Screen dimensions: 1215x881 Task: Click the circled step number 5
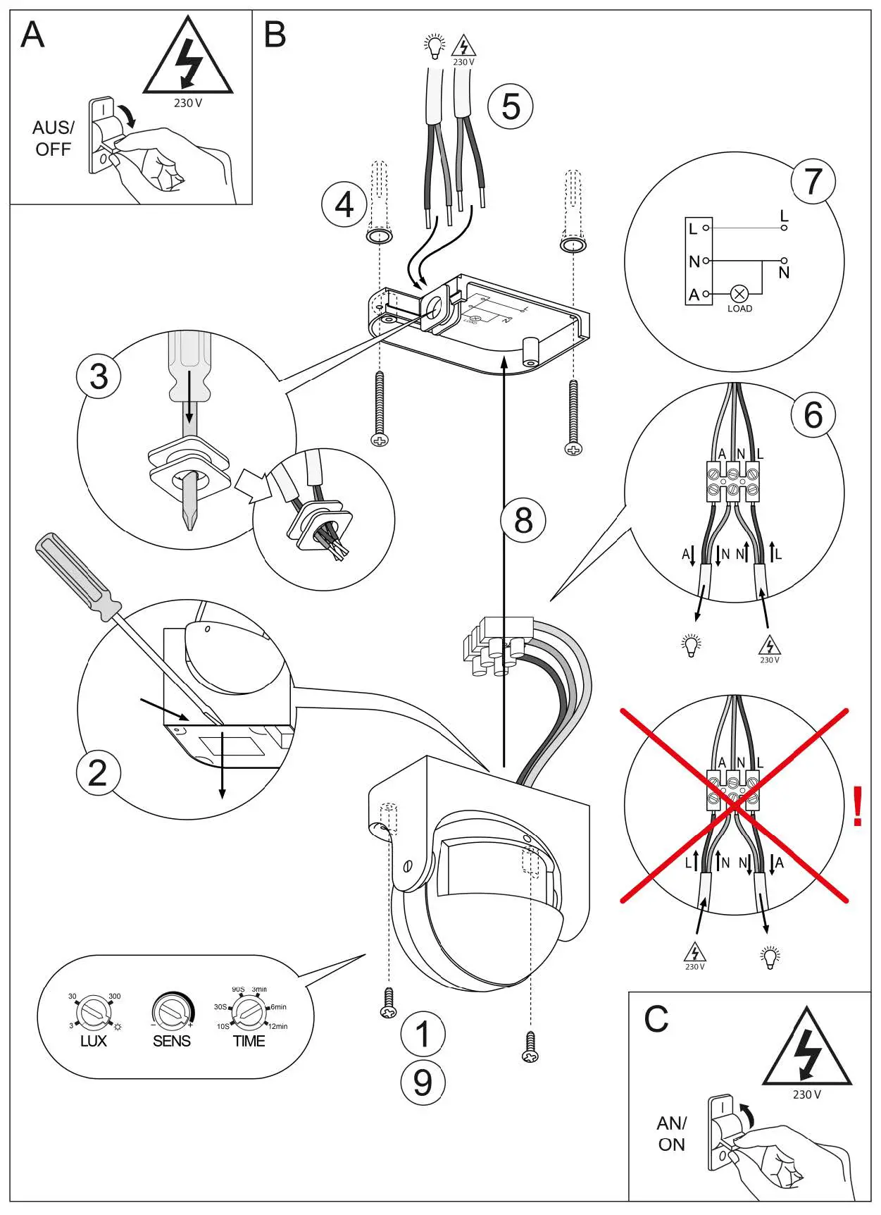[511, 106]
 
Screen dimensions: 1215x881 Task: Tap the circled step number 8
[523, 521]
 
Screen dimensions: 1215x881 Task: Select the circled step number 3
[99, 376]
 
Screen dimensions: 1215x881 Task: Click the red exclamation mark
[857, 807]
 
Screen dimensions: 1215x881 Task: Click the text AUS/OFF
[53, 138]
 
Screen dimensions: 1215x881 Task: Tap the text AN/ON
[671, 1133]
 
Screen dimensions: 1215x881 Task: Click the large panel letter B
[275, 35]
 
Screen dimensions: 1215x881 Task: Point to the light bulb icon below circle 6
[692, 644]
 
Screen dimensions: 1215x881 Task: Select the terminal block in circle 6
[733, 481]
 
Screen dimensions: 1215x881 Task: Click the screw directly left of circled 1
[388, 1004]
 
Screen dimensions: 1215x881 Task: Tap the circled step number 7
[813, 181]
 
